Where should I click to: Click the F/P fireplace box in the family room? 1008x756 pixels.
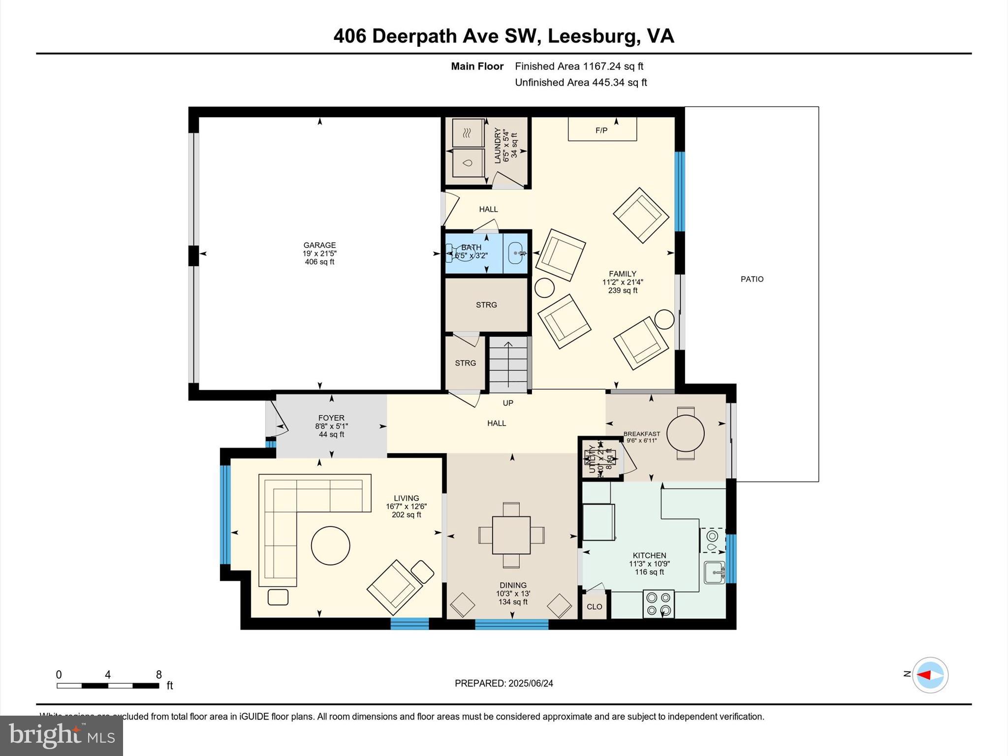pos(602,129)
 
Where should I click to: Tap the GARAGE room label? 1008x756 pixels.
pos(319,245)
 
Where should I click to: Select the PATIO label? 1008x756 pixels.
pos(752,279)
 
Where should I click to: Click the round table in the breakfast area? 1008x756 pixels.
pos(685,434)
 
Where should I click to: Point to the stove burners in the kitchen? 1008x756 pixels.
pos(659,604)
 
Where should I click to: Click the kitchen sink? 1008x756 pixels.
pos(714,572)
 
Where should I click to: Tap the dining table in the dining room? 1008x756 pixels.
pos(511,535)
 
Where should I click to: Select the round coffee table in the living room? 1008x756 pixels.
pos(330,545)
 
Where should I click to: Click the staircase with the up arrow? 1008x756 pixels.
pos(508,364)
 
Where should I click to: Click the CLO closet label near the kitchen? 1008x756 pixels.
pos(594,606)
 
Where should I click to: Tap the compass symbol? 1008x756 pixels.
pos(930,675)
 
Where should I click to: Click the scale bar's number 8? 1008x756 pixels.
pos(158,675)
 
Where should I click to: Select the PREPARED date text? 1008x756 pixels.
pos(504,683)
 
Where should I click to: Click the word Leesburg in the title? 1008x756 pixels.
pos(590,36)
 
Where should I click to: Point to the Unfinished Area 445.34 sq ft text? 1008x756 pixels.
pos(581,82)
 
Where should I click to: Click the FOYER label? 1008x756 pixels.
pos(331,418)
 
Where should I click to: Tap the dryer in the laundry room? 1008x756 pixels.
pos(468,133)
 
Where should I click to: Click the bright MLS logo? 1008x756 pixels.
pos(62,735)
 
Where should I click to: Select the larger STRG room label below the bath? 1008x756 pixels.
pos(486,305)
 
